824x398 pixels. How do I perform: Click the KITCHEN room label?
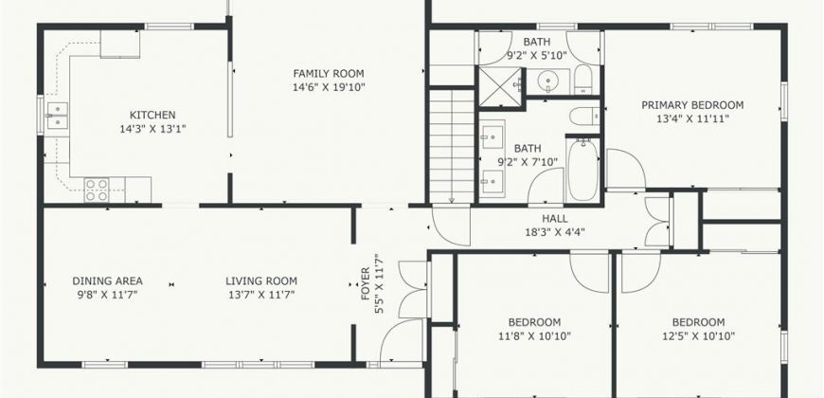pos(152,115)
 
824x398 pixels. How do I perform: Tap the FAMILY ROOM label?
pos(329,74)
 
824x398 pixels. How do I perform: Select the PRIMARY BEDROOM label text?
pos(692,105)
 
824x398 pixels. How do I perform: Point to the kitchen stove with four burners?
pos(98,190)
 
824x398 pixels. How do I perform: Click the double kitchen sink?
pos(57,116)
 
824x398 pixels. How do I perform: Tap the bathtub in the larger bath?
pos(583,170)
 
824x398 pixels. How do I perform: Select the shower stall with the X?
pos(499,87)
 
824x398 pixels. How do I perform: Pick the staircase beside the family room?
pos(452,146)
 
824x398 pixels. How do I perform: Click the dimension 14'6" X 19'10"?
pos(329,87)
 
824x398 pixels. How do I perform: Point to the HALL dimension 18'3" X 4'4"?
pos(555,232)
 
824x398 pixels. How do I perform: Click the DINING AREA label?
pos(107,281)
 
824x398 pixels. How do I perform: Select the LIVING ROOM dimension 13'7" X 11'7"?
pos(261,295)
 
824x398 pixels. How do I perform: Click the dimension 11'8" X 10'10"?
pos(534,335)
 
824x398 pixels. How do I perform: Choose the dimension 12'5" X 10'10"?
pos(698,335)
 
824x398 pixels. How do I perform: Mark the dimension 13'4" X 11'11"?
pos(692,118)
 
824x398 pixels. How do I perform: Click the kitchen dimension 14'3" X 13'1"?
pos(152,128)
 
